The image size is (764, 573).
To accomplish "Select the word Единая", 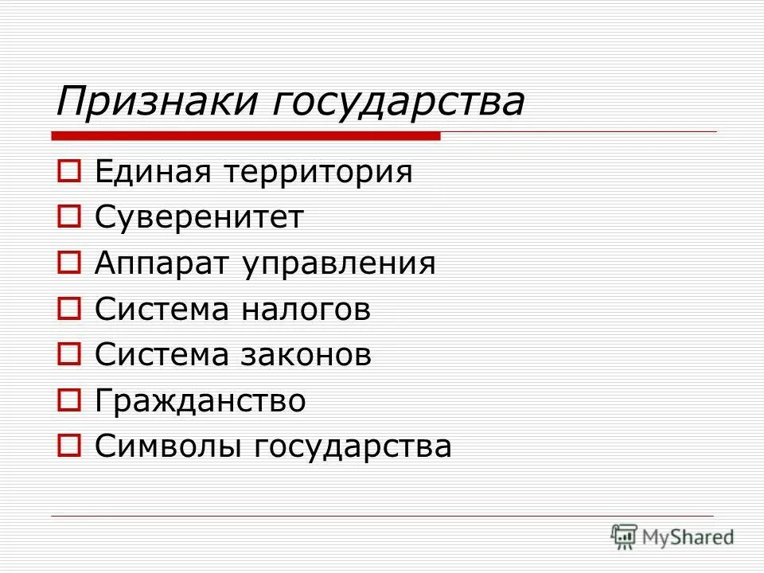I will pos(153,171).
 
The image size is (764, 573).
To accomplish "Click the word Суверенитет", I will pos(199,217).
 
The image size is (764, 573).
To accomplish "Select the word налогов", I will pos(306,309).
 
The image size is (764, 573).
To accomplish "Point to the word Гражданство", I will pos(200,400).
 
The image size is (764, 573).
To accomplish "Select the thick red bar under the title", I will pos(247,136).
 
